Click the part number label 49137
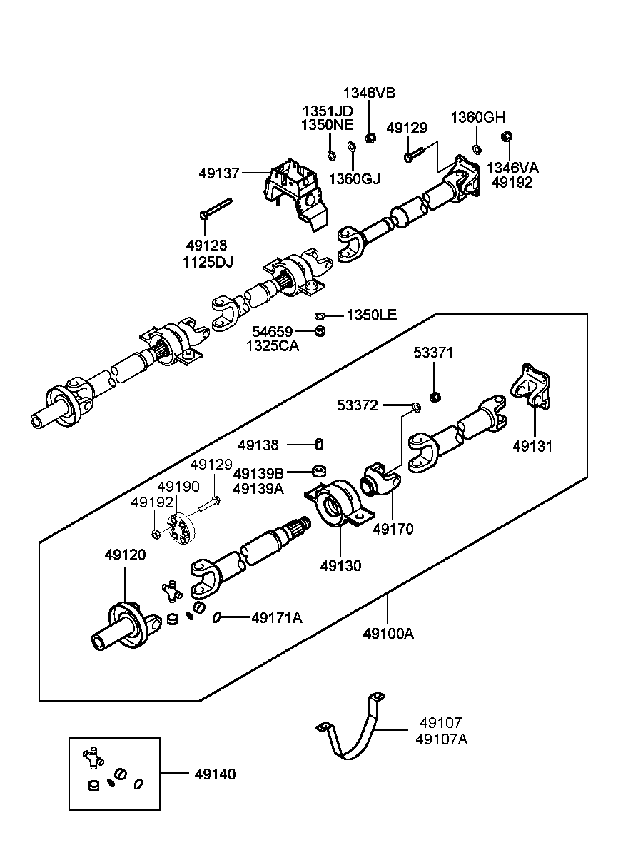pos(220,173)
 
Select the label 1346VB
pos(369,93)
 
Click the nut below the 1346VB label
pos(370,138)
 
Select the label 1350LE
pos(372,315)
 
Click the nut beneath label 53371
pos(434,396)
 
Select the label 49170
pos(393,529)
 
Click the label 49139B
pos(258,473)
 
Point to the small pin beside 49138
pos(320,445)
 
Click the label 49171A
pos(276,618)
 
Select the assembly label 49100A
pos(388,633)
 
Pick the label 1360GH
pos(477,118)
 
